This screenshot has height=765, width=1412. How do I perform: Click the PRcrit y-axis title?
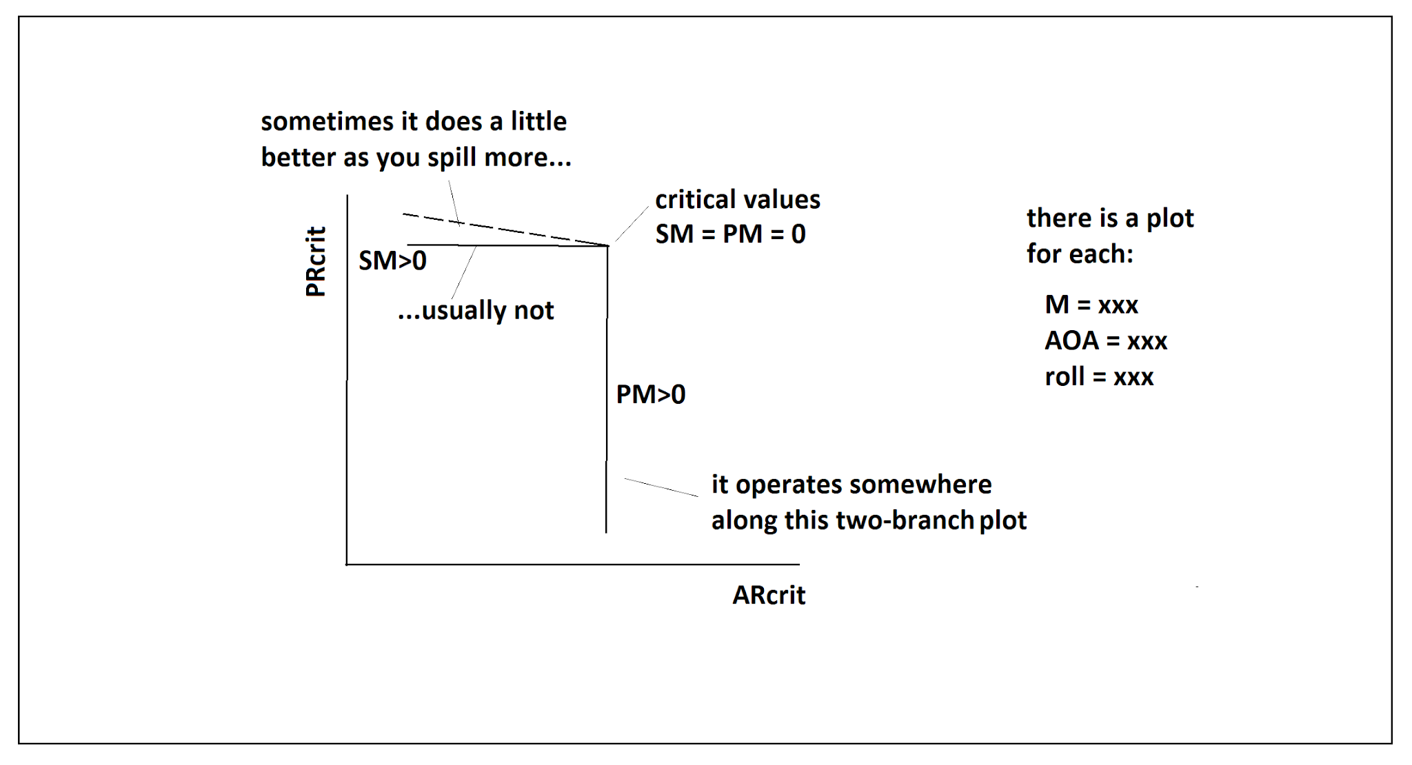pyautogui.click(x=315, y=262)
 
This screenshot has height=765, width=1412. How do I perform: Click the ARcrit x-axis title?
pyautogui.click(x=769, y=595)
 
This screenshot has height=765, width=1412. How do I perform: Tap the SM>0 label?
pyautogui.click(x=392, y=261)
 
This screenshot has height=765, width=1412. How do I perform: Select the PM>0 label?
pyautogui.click(x=650, y=394)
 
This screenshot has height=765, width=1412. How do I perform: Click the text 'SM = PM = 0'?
pyautogui.click(x=730, y=234)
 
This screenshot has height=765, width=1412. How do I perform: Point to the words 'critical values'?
pyautogui.click(x=737, y=199)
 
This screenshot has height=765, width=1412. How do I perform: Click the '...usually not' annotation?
pyautogui.click(x=476, y=310)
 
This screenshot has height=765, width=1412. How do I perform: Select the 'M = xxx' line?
pyautogui.click(x=1091, y=305)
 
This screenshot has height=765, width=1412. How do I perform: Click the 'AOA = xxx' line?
pyautogui.click(x=1105, y=340)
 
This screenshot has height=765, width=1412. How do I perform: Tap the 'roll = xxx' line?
pyautogui.click(x=1098, y=377)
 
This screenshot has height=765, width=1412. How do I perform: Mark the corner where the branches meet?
pyautogui.click(x=607, y=246)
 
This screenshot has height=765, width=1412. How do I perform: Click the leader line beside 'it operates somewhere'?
pyautogui.click(x=660, y=487)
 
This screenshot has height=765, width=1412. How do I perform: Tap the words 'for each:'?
pyautogui.click(x=1079, y=254)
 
